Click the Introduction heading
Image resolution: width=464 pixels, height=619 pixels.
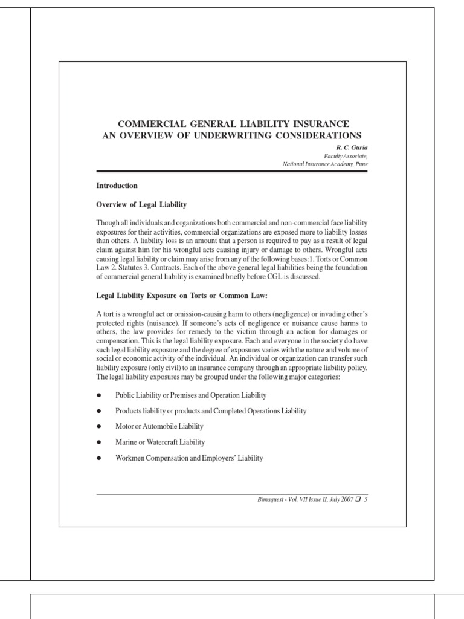point(117,185)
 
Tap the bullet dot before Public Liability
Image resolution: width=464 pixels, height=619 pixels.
point(98,395)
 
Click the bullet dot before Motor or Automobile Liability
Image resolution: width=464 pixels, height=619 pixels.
point(98,427)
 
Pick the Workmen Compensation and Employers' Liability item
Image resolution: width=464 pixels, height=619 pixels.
point(189,458)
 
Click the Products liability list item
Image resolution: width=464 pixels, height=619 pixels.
point(211,411)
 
